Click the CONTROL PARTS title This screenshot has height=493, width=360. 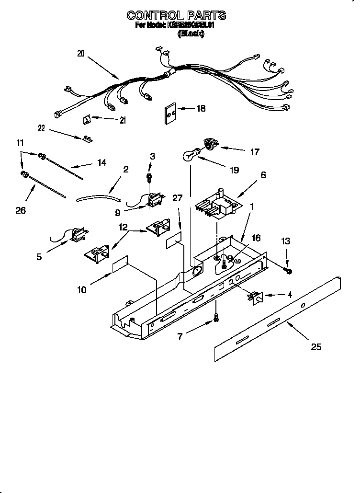pos(176,16)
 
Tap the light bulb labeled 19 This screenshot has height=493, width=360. pos(190,155)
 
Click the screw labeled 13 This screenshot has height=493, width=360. pos(289,271)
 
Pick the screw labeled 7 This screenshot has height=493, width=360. pos(216,317)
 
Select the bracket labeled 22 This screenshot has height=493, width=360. pos(87,139)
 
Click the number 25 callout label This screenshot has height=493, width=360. pos(316,347)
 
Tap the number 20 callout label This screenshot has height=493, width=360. pos(80,54)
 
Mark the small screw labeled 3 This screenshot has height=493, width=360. pos(148,177)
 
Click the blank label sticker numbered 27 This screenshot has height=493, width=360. pos(174,241)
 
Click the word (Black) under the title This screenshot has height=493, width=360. pos(191,34)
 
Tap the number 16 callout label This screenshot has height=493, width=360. pos(256,238)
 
